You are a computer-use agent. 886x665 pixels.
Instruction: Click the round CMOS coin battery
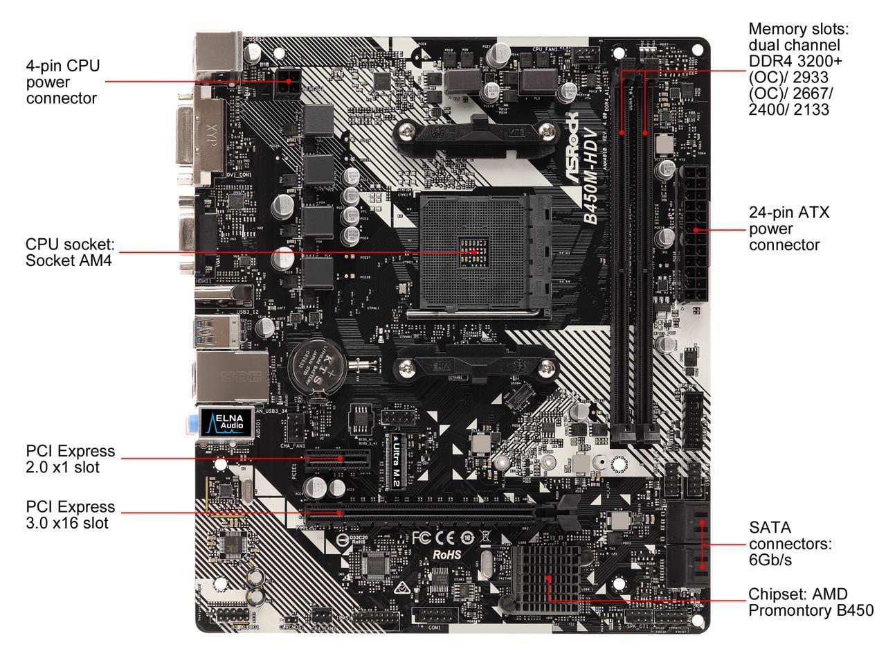click(x=309, y=363)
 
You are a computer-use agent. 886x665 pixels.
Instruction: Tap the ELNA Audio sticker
click(x=221, y=422)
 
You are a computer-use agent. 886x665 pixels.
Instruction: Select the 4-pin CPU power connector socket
click(x=287, y=84)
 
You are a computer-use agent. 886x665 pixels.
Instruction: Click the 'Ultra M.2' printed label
click(x=387, y=461)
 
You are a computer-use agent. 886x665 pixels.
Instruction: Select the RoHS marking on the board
click(x=446, y=554)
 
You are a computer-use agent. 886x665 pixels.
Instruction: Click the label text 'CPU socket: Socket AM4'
click(x=70, y=252)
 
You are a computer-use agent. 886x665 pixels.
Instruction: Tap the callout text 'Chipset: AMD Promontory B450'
click(x=810, y=602)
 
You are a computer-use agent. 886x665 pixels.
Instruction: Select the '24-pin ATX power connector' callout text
click(x=789, y=229)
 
